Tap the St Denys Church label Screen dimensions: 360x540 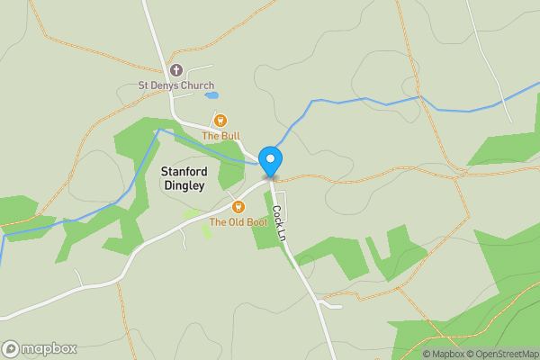point(175,86)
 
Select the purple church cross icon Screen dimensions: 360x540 point(176,70)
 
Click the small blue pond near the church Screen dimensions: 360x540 point(211,94)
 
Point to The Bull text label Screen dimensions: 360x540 point(220,136)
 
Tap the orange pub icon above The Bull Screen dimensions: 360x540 point(220,120)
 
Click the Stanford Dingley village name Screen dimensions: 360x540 point(183,178)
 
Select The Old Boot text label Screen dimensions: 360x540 point(238,221)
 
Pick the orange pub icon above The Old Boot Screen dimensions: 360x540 point(238,206)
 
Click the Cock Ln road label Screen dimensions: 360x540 point(280,223)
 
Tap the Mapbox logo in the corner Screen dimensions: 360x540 point(40,348)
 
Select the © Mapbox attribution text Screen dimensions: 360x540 point(444,354)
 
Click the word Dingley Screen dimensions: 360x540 point(184,185)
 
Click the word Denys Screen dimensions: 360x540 point(164,86)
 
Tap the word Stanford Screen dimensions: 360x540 point(183,171)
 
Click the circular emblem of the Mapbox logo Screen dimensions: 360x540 point(11,348)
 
